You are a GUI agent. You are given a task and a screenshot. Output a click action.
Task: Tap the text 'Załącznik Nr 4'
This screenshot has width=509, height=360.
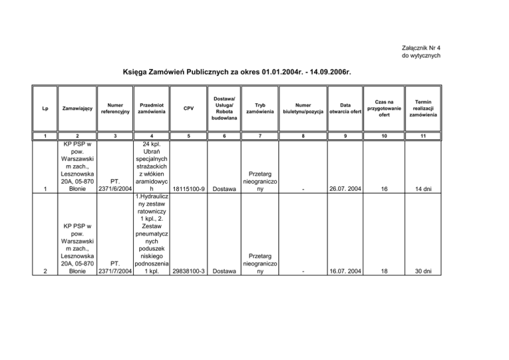click(x=421, y=48)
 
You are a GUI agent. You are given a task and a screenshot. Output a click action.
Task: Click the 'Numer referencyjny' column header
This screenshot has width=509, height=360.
click(x=115, y=107)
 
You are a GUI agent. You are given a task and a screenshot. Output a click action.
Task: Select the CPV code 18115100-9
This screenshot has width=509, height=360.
click(x=189, y=188)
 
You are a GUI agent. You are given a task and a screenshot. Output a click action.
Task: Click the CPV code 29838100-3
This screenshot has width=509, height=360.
click(x=189, y=271)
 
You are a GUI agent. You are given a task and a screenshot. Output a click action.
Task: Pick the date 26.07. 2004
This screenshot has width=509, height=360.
click(x=345, y=188)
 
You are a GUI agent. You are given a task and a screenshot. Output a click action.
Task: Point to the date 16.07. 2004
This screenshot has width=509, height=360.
click(x=345, y=271)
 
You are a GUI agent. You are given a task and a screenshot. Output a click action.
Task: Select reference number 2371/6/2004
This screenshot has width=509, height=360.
click(x=115, y=188)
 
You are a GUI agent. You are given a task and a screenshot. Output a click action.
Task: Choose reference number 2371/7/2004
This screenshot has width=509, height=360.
click(x=115, y=271)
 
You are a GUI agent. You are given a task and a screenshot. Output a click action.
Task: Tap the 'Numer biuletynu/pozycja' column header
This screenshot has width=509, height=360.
click(x=302, y=107)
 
